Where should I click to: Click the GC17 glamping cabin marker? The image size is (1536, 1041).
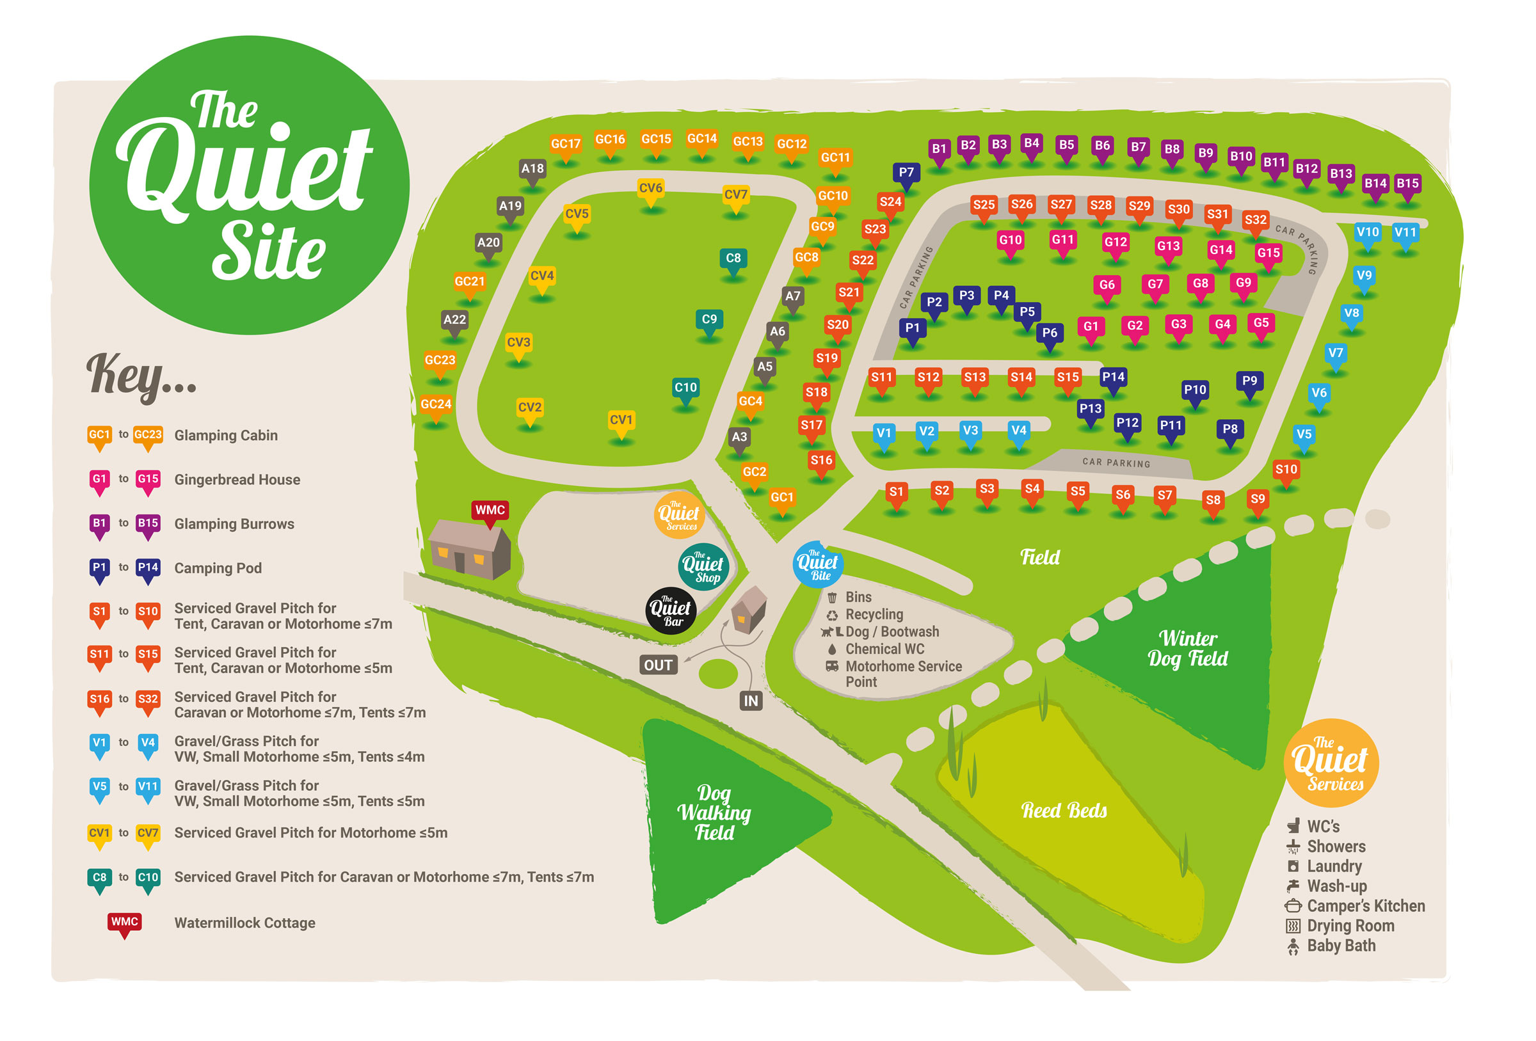point(566,145)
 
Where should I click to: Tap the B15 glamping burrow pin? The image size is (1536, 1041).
point(1407,184)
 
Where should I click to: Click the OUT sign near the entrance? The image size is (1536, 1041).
point(659,665)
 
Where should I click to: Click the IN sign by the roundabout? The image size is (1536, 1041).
point(751,701)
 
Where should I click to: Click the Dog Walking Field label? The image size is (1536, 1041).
point(714,813)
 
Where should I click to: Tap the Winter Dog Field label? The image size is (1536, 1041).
point(1188,649)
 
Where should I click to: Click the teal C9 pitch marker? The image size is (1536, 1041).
point(709,321)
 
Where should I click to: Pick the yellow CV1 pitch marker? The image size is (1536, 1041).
point(621,421)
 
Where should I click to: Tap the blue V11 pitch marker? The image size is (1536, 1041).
point(1405,234)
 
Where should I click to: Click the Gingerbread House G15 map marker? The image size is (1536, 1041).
point(1268,254)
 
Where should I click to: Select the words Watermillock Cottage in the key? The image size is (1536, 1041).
point(244,923)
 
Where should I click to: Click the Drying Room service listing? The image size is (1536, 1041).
point(1350,926)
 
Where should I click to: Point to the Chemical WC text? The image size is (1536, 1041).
point(884,649)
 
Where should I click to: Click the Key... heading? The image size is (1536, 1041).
point(141,375)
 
